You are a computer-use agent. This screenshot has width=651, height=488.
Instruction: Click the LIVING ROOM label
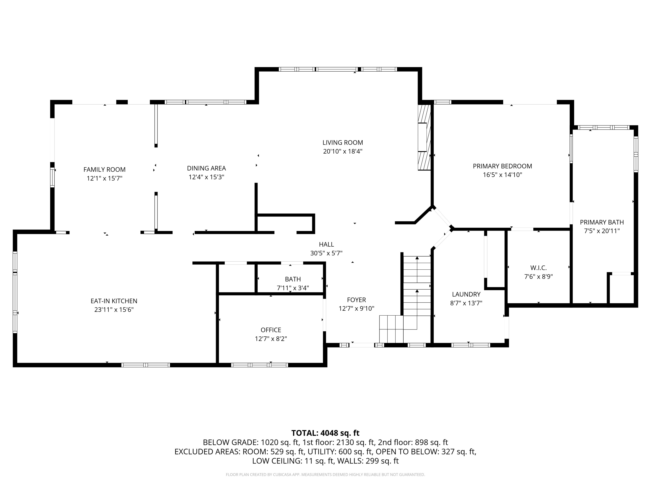pos(343,143)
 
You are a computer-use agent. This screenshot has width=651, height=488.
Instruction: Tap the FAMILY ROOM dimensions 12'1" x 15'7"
pos(104,178)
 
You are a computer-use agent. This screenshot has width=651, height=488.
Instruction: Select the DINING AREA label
pos(206,168)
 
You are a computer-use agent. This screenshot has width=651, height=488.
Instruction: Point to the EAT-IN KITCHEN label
pos(114,301)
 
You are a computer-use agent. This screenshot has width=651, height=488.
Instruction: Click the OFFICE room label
pos(271,330)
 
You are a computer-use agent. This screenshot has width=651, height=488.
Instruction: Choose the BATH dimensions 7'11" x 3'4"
pos(293,288)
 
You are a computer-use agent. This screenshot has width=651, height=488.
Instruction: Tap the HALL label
pos(326,244)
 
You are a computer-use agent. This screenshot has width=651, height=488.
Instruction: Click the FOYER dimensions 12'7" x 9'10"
pos(356,308)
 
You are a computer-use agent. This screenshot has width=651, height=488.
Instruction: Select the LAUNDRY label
pos(466,294)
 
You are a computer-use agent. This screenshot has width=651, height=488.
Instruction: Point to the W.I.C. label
pos(539,268)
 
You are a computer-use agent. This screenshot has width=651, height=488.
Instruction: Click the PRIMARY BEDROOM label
pos(502,166)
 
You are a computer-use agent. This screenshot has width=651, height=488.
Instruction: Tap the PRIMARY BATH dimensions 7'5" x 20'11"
pos(602,231)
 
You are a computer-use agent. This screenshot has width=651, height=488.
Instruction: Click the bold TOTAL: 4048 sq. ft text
pos(325,433)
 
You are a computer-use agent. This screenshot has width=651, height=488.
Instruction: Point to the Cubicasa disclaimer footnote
pos(325,475)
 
